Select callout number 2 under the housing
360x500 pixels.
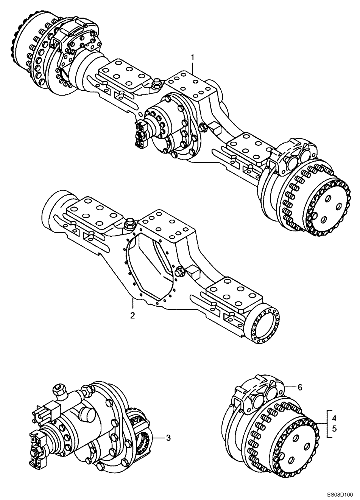pyautogui.click(x=132, y=315)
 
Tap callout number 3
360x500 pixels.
pyautogui.click(x=168, y=438)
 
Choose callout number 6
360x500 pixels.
pyautogui.click(x=300, y=387)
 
